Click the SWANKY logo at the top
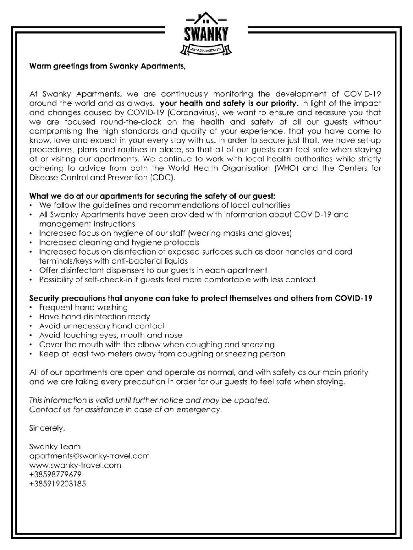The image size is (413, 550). point(206,35)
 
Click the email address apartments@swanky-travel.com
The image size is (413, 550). point(89,456)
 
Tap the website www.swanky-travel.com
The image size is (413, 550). point(75,465)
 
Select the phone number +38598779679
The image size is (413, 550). point(55,475)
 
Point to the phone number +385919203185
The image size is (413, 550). point(57,484)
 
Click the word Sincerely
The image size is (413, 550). point(47,428)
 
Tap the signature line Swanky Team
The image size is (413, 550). point(55,447)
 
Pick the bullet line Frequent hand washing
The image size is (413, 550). point(83,308)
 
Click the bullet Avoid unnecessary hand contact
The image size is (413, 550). point(102,326)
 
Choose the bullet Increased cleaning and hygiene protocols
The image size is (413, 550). point(119,242)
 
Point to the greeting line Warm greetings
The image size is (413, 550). point(107,66)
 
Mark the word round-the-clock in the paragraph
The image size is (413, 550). point(137,122)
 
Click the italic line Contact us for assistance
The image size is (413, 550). point(125,409)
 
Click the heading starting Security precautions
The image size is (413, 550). point(201,298)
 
